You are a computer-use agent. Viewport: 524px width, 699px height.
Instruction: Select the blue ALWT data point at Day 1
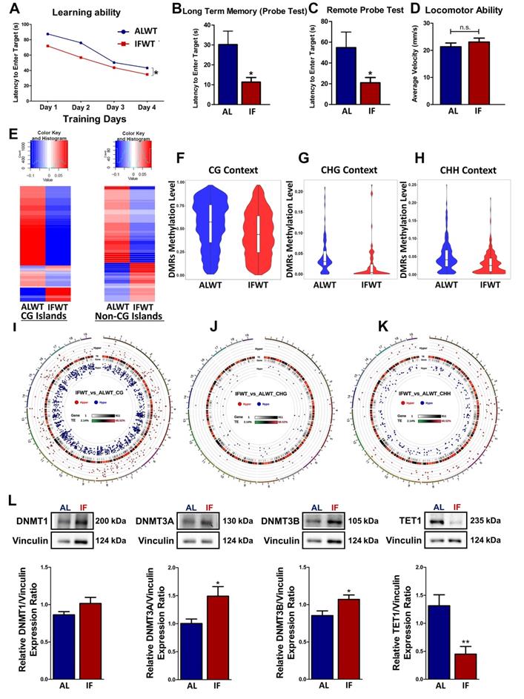point(48,34)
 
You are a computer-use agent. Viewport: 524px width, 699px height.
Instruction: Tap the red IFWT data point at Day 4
point(147,75)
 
